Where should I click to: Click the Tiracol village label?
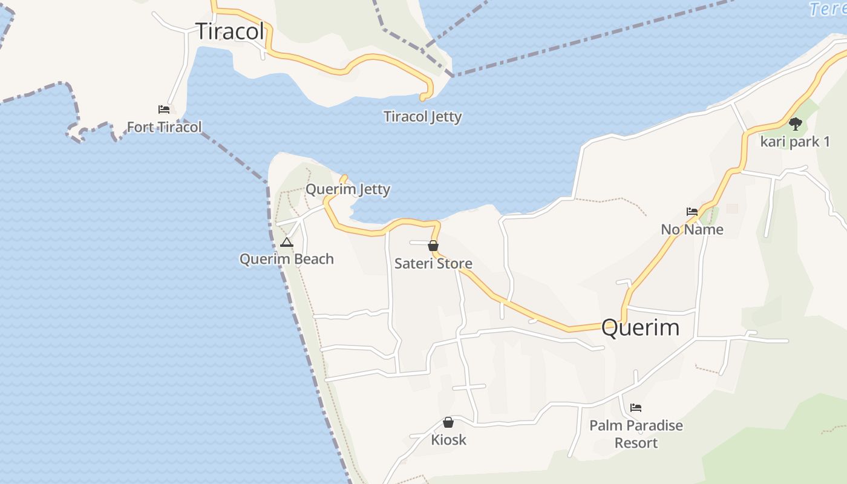pyautogui.click(x=231, y=31)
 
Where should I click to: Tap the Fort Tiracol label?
pyautogui.click(x=164, y=127)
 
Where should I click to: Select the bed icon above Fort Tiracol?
pyautogui.click(x=164, y=110)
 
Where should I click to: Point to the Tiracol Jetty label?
pyautogui.click(x=422, y=117)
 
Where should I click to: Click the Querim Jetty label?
pyautogui.click(x=348, y=189)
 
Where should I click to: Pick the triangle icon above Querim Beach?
pyautogui.click(x=287, y=243)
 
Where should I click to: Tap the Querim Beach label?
pyautogui.click(x=287, y=259)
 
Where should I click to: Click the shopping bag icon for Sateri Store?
pyautogui.click(x=433, y=246)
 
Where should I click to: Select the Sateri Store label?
pyautogui.click(x=433, y=264)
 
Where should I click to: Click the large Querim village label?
pyautogui.click(x=641, y=328)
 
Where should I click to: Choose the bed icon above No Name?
pyautogui.click(x=692, y=212)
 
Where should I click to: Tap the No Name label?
pyautogui.click(x=692, y=229)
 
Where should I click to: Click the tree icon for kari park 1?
pyautogui.click(x=795, y=124)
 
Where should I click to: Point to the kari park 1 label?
pyautogui.click(x=795, y=142)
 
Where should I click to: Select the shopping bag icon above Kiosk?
pyautogui.click(x=448, y=422)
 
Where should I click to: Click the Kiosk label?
pyautogui.click(x=448, y=440)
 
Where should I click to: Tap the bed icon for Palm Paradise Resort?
pyautogui.click(x=636, y=408)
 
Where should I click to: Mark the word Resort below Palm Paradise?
pyautogui.click(x=636, y=443)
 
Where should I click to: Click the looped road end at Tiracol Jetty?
pyautogui.click(x=426, y=95)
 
